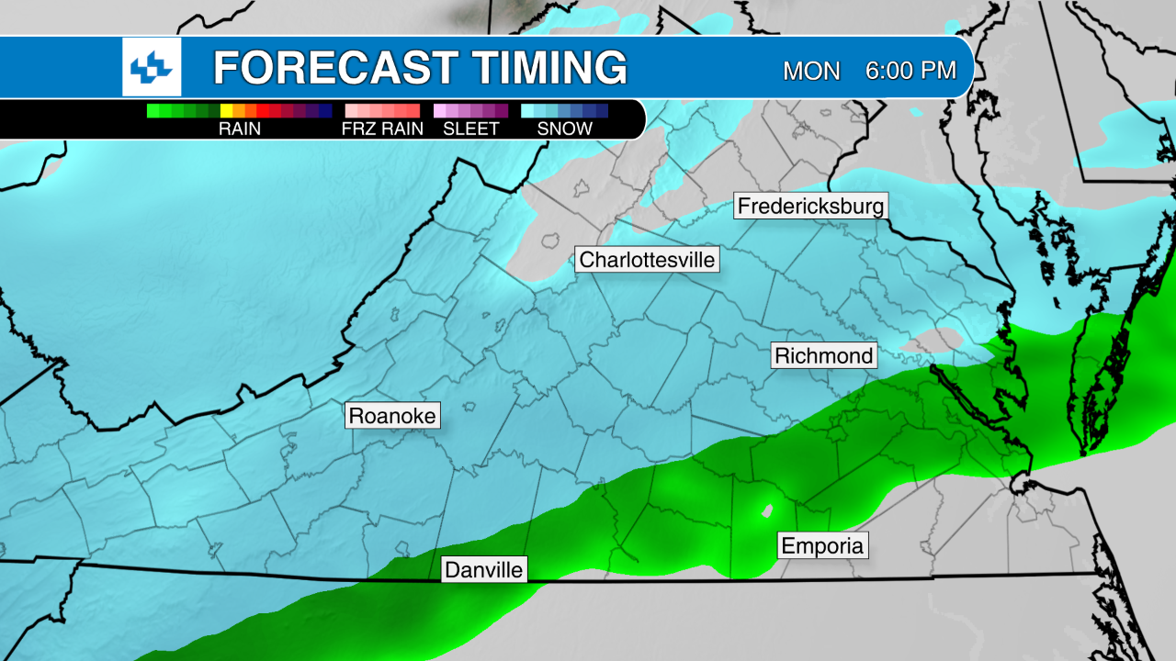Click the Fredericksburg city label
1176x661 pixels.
pos(811,206)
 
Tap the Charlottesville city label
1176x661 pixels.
pos(647,260)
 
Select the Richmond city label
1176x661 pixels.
pos(824,355)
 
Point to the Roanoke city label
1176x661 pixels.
pos(393,416)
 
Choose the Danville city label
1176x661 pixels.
pos(484,570)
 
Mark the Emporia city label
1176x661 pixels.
pos(822,546)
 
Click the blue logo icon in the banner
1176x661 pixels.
pos(152,67)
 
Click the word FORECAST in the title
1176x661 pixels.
pos(335,68)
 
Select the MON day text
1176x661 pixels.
pos(811,71)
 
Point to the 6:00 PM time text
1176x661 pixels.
pos(910,71)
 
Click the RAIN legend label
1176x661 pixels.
pos(239,129)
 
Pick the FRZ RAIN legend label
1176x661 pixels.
pos(382,129)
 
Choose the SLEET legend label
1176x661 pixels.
pos(470,129)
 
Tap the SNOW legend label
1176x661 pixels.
pos(564,129)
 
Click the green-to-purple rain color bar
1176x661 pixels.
pos(239,111)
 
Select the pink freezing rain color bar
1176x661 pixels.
pos(382,111)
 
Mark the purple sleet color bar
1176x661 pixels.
pos(470,111)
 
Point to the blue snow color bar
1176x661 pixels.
pos(564,111)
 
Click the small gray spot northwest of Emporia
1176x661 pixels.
pos(764,510)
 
